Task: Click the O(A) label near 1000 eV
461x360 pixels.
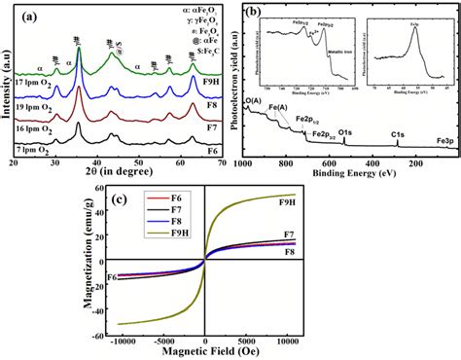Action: (252, 101)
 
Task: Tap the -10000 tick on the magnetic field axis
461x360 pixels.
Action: (122, 341)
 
